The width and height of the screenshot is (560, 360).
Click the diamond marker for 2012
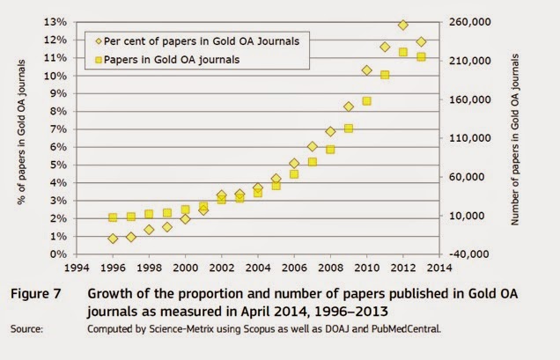[x=402, y=26]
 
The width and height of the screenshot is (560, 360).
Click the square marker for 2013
[x=421, y=57]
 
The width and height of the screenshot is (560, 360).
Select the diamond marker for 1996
[x=113, y=239]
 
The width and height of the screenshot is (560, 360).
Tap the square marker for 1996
[x=113, y=217]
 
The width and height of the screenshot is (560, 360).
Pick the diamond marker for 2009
[x=349, y=107]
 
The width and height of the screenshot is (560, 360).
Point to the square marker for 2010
[x=367, y=101]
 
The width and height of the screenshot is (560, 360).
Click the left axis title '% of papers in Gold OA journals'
[x=19, y=138]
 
